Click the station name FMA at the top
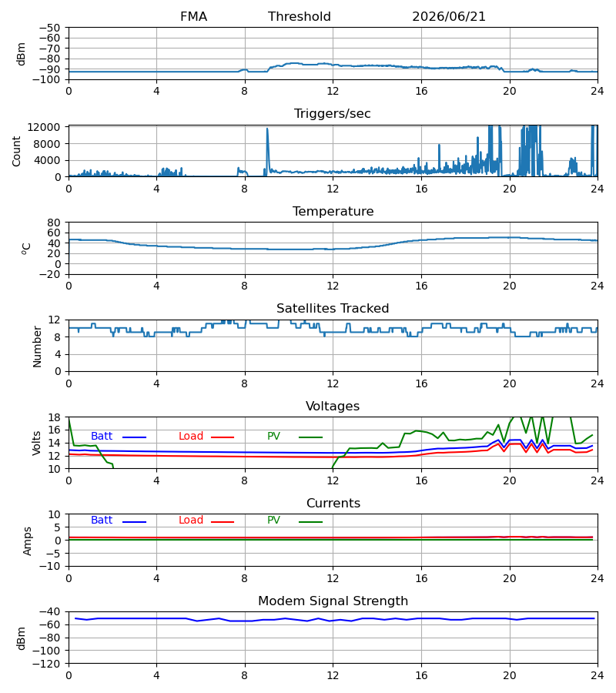point(193,17)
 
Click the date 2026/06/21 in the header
point(449,17)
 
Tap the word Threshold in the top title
point(300,17)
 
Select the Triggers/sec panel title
point(333,114)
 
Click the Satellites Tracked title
point(333,309)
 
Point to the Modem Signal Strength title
point(333,601)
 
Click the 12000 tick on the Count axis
point(44,127)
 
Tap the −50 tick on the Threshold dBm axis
point(49,28)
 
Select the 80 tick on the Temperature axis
point(54,223)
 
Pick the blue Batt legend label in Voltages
point(102,437)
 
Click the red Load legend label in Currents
point(191,521)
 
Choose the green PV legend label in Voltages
point(273,437)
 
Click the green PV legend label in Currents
point(273,521)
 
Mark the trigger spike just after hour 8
point(267,129)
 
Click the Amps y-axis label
point(28,541)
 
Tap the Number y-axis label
point(37,346)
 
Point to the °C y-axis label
point(26,249)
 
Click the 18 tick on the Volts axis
point(54,417)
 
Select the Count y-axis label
point(17,151)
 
